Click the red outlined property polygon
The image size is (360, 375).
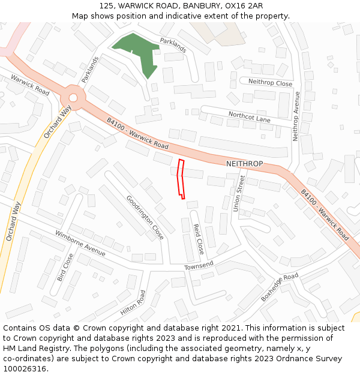181,178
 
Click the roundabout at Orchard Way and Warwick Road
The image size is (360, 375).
73,97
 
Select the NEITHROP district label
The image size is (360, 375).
244,164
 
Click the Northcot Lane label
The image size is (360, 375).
249,116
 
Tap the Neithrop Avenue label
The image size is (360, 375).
296,116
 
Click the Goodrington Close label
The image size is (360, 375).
145,217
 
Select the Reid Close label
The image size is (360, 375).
198,239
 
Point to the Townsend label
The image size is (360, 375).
199,265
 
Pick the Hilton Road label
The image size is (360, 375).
133,302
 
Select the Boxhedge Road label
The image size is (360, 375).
279,288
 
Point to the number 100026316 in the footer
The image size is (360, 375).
25,368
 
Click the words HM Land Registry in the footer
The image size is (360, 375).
34,348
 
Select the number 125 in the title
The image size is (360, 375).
107,5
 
